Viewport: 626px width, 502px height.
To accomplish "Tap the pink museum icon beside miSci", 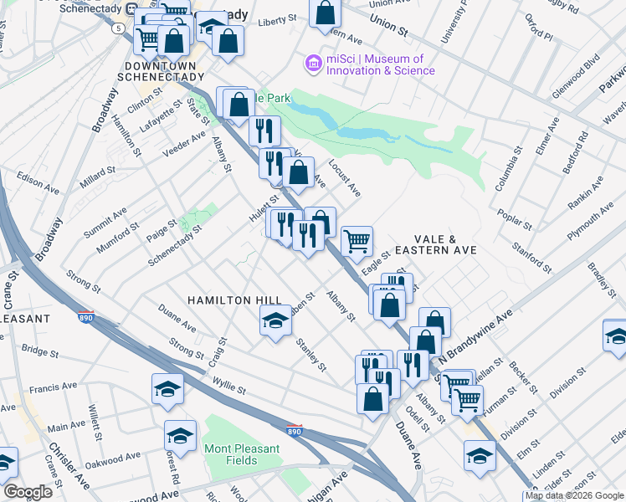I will coord(314,64).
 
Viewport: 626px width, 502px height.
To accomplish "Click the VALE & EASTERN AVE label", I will coord(436,244).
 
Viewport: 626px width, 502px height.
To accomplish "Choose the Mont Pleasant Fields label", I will coord(242,455).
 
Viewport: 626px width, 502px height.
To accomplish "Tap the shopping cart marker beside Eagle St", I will coord(357,240).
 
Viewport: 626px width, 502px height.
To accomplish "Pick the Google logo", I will coord(28,492).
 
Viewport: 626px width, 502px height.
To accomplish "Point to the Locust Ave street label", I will coord(344,178).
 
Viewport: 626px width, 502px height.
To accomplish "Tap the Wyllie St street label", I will coord(228,387).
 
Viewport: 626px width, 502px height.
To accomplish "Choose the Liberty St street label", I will coord(278,19).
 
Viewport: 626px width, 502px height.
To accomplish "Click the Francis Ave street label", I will coord(53,388).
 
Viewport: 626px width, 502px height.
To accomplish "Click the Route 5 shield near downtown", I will coord(120,28).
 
